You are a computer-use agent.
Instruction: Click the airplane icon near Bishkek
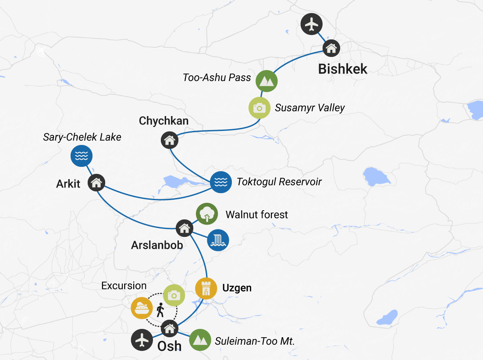[x=312, y=24]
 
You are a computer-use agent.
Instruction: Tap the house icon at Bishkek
[x=331, y=48]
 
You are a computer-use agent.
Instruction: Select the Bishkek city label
[x=343, y=69]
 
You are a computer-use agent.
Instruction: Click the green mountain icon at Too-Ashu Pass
[x=266, y=81]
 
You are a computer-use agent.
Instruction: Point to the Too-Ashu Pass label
[x=217, y=78]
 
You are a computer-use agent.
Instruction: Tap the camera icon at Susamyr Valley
[x=259, y=108]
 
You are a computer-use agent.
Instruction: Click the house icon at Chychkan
[x=170, y=140]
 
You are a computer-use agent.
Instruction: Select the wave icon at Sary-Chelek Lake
[x=82, y=155]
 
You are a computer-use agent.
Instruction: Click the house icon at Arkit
[x=96, y=183]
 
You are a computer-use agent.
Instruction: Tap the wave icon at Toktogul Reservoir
[x=221, y=182]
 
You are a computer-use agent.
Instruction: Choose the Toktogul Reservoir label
[x=279, y=182]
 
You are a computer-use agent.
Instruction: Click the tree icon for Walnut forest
[x=207, y=214]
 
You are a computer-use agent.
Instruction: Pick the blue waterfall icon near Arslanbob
[x=218, y=240]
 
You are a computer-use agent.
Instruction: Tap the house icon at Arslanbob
[x=185, y=228]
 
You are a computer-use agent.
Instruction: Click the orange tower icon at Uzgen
[x=206, y=288]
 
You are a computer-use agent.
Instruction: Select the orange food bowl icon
[x=142, y=308]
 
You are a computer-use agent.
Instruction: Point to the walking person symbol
[x=160, y=310]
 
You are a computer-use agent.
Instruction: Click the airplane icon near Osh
[x=142, y=340]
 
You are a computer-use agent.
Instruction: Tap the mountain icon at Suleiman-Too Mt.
[x=200, y=340]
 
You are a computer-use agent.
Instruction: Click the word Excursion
[x=124, y=286]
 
